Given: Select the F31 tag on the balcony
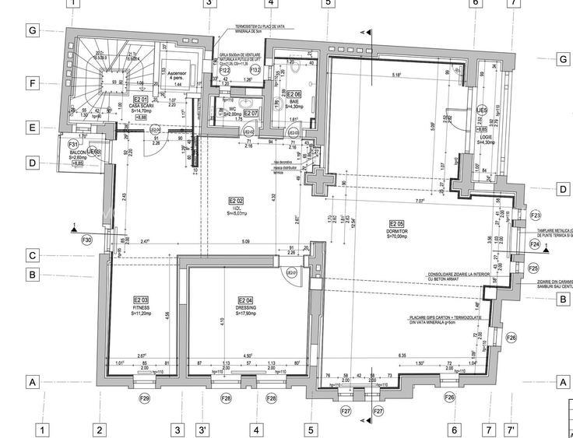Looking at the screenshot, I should tap(73, 145).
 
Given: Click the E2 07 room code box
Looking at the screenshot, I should tap(251, 114).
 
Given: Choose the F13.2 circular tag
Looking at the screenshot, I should tap(255, 70).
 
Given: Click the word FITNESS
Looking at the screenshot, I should tap(140, 308).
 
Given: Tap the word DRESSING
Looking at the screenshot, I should tap(244, 308).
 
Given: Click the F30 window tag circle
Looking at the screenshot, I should tap(86, 240).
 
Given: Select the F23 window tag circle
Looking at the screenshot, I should tap(535, 215).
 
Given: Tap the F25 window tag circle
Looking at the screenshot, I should tap(533, 268).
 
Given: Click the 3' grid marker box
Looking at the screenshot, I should tap(202, 429).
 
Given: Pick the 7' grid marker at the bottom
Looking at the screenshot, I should tap(511, 429).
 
